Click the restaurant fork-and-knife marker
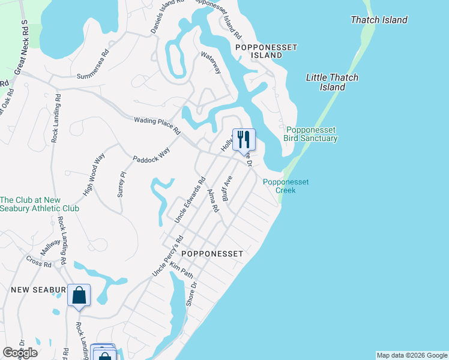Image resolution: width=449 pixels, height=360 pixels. [244, 140]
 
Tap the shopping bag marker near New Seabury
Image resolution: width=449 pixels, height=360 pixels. [79, 295]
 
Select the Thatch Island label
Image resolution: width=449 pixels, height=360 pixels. [379, 20]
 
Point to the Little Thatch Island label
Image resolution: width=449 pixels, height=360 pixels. [332, 82]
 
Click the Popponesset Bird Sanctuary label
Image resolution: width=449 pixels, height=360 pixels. [312, 134]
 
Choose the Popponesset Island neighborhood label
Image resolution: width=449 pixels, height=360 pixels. [259, 50]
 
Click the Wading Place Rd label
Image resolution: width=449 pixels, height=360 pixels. [157, 125]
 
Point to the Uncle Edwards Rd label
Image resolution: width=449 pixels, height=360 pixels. [190, 200]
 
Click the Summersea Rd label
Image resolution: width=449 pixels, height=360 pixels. [93, 64]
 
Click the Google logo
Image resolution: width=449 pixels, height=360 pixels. [20, 353]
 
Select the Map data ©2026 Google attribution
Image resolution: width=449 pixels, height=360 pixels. [412, 355]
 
